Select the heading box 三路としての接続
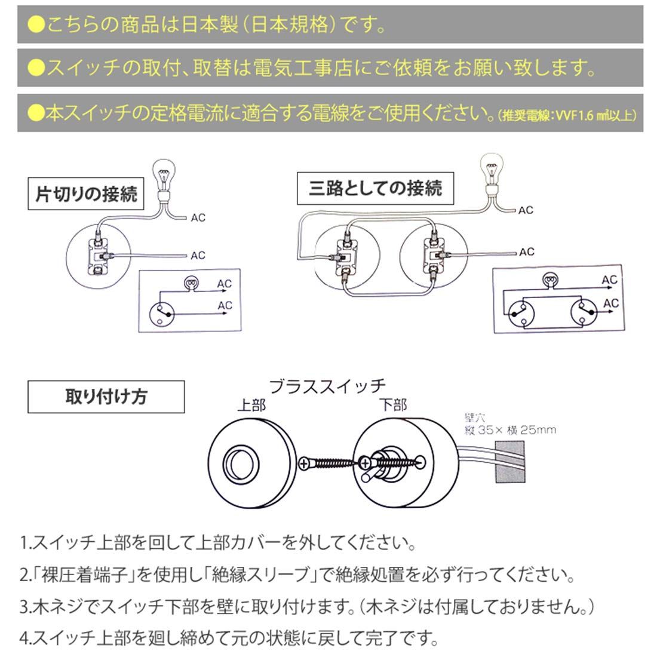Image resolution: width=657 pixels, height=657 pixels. point(375,189)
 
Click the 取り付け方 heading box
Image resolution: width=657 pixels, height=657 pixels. point(106,397)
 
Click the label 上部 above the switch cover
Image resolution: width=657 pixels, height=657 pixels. point(251,406)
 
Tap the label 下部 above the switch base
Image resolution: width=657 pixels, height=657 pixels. point(392,406)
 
